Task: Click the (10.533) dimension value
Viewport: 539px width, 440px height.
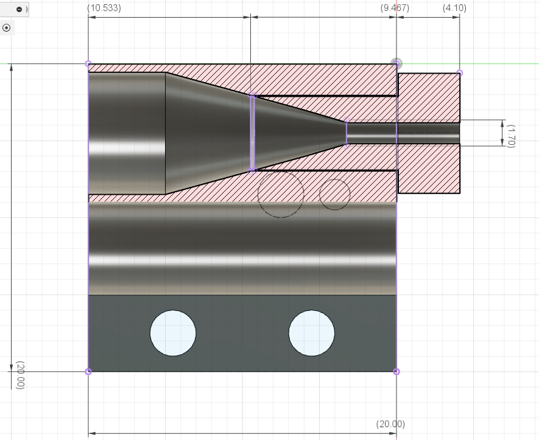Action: point(104,8)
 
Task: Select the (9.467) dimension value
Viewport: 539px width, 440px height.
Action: point(395,8)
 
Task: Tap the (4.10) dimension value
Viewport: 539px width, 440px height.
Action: point(454,8)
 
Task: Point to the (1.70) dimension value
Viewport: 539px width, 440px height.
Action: point(511,136)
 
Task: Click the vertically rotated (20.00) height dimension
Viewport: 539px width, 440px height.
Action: point(20,375)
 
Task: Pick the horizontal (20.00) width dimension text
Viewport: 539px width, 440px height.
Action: point(390,424)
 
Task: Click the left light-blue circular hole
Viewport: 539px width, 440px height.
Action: point(173,333)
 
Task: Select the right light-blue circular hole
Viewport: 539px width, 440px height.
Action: point(311,333)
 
